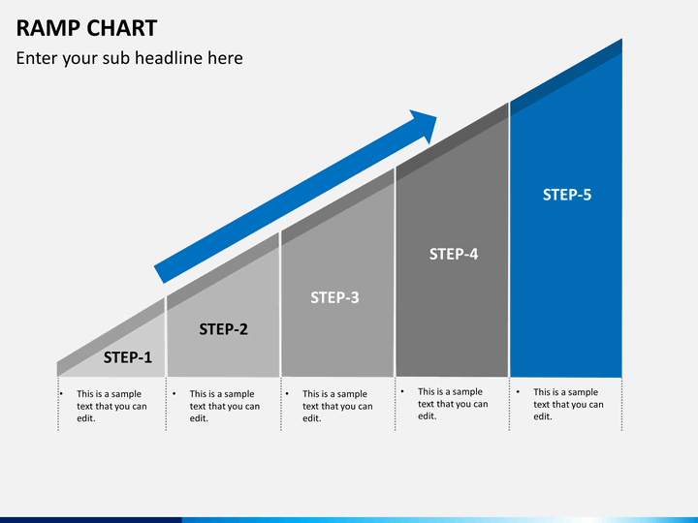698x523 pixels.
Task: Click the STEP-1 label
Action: point(128,357)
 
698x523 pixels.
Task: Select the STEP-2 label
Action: point(223,329)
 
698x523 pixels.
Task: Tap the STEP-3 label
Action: point(334,297)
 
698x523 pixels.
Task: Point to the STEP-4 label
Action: point(454,254)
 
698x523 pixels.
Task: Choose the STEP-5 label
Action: point(567,195)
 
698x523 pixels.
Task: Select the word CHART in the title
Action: point(121,28)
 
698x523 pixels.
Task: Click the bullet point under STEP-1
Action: point(61,393)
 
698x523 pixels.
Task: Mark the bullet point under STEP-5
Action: point(518,392)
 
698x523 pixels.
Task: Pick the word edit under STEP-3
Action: point(310,418)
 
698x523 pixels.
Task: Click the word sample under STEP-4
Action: point(466,392)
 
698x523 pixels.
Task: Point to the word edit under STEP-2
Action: point(198,418)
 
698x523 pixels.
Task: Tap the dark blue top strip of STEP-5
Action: point(566,77)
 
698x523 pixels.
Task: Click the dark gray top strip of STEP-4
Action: point(453,142)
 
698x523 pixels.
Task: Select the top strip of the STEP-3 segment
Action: point(338,207)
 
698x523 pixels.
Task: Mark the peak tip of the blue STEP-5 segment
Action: point(621,39)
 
